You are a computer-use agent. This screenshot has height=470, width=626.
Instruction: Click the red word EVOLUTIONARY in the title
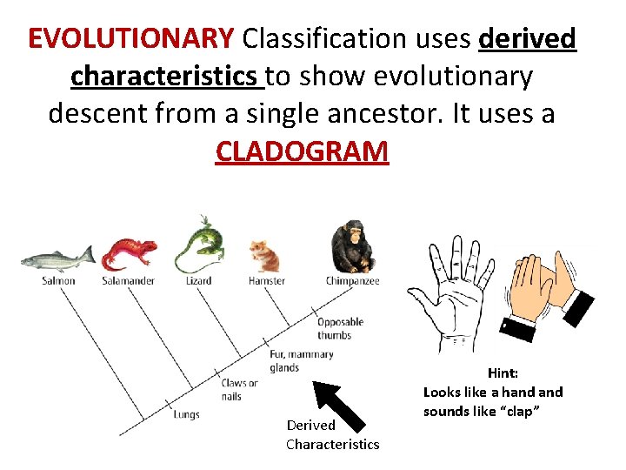point(131,38)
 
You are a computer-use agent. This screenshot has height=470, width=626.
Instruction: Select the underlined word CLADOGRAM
point(302,151)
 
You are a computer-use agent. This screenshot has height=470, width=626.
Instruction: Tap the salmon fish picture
point(57,258)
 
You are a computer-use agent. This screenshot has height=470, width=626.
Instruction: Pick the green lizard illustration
point(200,245)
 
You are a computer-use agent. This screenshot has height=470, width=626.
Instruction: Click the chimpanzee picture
point(351,246)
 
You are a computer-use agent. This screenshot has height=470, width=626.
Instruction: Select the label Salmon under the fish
point(58,281)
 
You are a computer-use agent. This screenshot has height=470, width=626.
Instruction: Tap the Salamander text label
point(129,281)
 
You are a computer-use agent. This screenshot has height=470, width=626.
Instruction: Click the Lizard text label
point(198,281)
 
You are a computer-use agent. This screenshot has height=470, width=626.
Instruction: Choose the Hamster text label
point(266,281)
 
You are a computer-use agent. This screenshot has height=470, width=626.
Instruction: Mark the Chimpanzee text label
point(352,281)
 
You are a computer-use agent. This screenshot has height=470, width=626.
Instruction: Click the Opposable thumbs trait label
point(340,328)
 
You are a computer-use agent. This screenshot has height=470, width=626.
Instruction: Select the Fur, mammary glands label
point(301,361)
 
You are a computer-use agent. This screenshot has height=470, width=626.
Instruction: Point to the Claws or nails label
point(239,389)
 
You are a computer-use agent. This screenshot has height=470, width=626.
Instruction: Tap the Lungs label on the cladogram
point(186,414)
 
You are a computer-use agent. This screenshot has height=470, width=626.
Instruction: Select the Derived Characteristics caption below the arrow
point(332,434)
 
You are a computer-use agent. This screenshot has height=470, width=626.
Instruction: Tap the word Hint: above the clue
point(503,373)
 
